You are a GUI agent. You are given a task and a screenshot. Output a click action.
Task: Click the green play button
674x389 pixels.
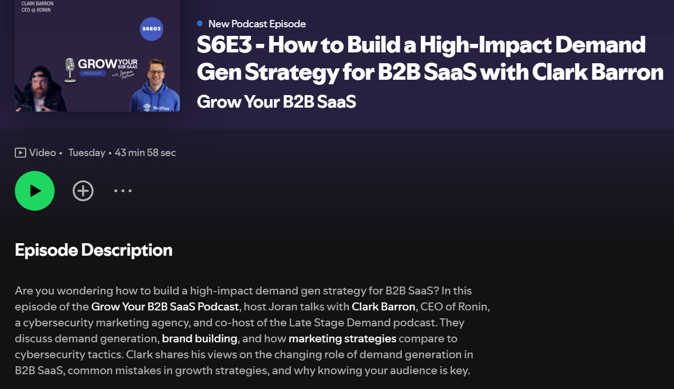(x=35, y=191)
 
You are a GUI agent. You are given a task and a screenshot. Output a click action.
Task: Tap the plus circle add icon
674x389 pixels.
(x=83, y=191)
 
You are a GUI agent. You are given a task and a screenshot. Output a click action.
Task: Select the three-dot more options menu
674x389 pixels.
(x=123, y=190)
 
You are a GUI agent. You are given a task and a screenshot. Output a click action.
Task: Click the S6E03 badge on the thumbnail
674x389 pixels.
(x=152, y=29)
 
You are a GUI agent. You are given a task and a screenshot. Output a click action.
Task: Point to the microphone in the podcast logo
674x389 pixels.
(x=69, y=69)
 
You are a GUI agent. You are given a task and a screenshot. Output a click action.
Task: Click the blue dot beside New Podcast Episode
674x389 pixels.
(x=200, y=23)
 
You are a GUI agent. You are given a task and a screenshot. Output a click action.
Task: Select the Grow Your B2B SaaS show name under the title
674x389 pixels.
(x=277, y=102)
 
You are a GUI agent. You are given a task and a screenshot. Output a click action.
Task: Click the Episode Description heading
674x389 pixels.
(x=94, y=250)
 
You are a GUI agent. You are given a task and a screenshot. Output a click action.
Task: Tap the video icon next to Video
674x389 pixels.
(x=20, y=153)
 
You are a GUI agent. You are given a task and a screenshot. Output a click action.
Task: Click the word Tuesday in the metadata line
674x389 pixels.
(x=87, y=153)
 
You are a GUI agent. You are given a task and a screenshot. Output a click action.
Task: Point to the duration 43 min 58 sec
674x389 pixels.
(x=145, y=153)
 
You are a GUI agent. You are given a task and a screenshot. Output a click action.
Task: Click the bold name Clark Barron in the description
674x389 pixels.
(x=384, y=306)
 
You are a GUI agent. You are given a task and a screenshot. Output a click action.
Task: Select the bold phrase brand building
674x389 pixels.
(x=199, y=339)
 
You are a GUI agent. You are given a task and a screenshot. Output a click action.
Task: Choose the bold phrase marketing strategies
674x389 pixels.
(x=343, y=339)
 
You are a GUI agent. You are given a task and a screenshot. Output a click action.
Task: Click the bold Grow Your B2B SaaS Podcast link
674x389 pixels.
(x=165, y=306)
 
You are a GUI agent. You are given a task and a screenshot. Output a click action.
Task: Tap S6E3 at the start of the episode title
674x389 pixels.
(x=224, y=44)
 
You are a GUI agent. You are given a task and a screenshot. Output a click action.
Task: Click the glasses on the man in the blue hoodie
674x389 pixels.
(x=156, y=73)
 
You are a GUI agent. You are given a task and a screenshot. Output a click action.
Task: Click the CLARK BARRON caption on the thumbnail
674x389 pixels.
(x=38, y=3)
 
